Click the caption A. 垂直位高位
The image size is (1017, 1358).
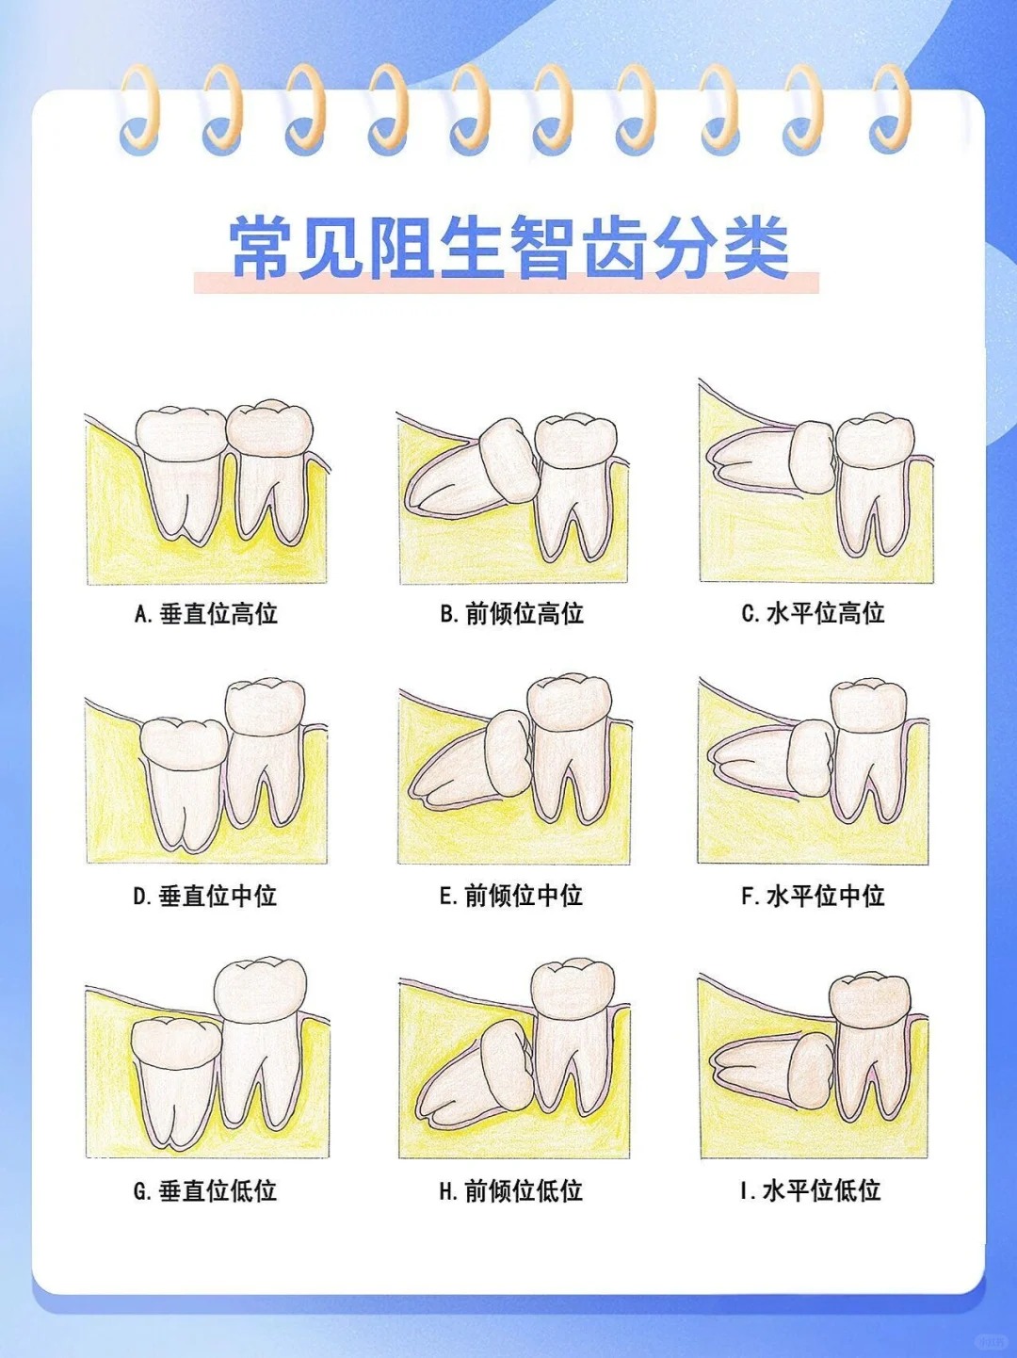coord(205,614)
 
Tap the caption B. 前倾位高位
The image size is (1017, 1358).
coord(511,614)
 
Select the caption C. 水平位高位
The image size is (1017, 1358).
coord(813,613)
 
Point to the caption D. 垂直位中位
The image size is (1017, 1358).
coord(204,896)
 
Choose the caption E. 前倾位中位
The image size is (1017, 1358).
coord(510,896)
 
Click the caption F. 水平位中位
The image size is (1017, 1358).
coord(813,896)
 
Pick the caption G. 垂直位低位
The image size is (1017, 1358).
coord(204,1191)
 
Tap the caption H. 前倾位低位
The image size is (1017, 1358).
coord(510,1191)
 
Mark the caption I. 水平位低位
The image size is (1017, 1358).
coord(811,1190)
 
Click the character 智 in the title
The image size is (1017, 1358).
coord(543,248)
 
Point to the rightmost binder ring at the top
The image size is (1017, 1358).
coord(889,108)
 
